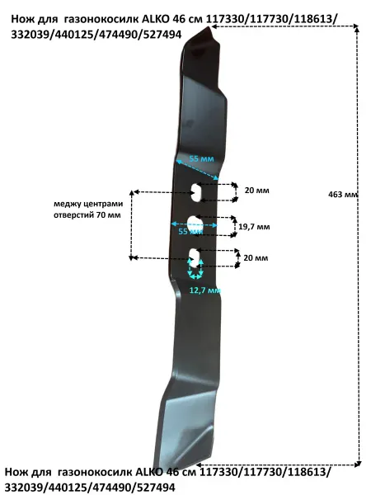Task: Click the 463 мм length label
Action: [343, 195]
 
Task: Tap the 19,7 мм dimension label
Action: [254, 227]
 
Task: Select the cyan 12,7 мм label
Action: [204, 290]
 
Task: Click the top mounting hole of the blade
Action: [197, 192]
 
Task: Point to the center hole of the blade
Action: [195, 224]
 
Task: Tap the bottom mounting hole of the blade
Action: [195, 258]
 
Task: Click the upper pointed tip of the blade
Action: [209, 28]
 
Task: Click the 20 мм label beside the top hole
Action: [257, 191]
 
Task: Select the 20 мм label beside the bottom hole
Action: [256, 258]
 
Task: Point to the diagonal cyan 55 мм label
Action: [201, 158]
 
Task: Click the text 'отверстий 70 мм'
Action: [87, 215]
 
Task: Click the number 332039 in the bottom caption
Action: [22, 487]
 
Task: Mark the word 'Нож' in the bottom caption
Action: [16, 472]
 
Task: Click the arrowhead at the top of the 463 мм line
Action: [357, 30]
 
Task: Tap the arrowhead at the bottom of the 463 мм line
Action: [358, 464]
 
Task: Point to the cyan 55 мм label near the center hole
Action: [191, 231]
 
